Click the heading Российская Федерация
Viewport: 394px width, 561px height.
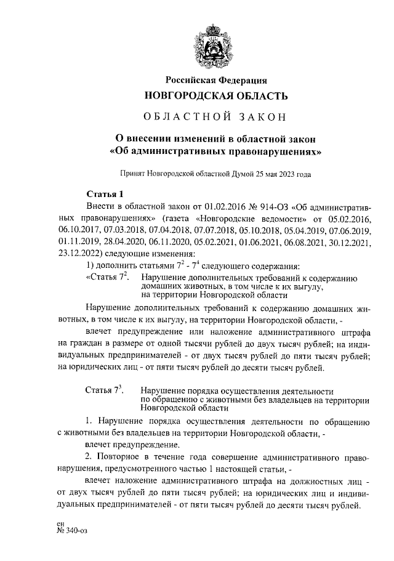(x=215, y=80)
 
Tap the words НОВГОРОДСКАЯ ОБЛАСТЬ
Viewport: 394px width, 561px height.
(x=215, y=96)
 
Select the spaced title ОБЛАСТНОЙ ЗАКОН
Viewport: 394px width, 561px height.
(x=215, y=117)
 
